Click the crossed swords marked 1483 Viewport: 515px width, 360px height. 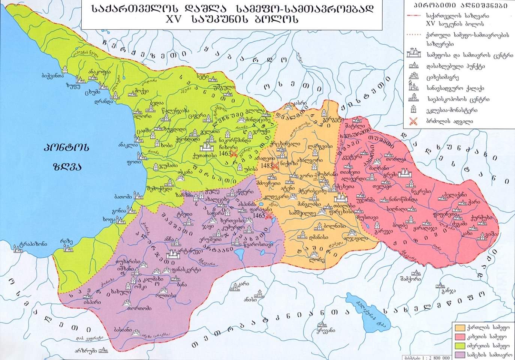[x=275, y=166]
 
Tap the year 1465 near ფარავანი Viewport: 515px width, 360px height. [x=259, y=216]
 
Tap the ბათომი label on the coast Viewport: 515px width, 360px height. [x=123, y=196]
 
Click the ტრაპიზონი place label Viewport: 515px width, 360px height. [x=34, y=244]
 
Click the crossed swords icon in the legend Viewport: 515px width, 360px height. [x=414, y=121]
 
